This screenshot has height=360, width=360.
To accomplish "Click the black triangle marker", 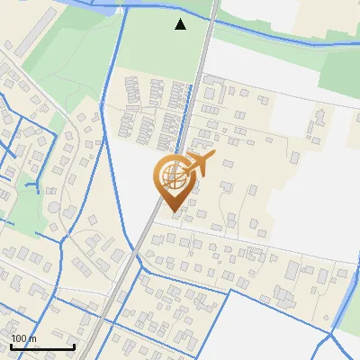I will pyautogui.click(x=181, y=24).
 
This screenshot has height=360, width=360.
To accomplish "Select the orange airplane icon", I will pyautogui.click(x=198, y=165).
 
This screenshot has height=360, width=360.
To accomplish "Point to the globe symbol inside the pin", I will pyautogui.click(x=172, y=174).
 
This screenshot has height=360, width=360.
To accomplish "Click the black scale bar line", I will pyautogui.click(x=41, y=346).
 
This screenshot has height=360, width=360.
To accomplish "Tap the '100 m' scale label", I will pyautogui.click(x=24, y=339).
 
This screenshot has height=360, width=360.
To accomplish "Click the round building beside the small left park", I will pyautogui.click(x=54, y=207).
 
